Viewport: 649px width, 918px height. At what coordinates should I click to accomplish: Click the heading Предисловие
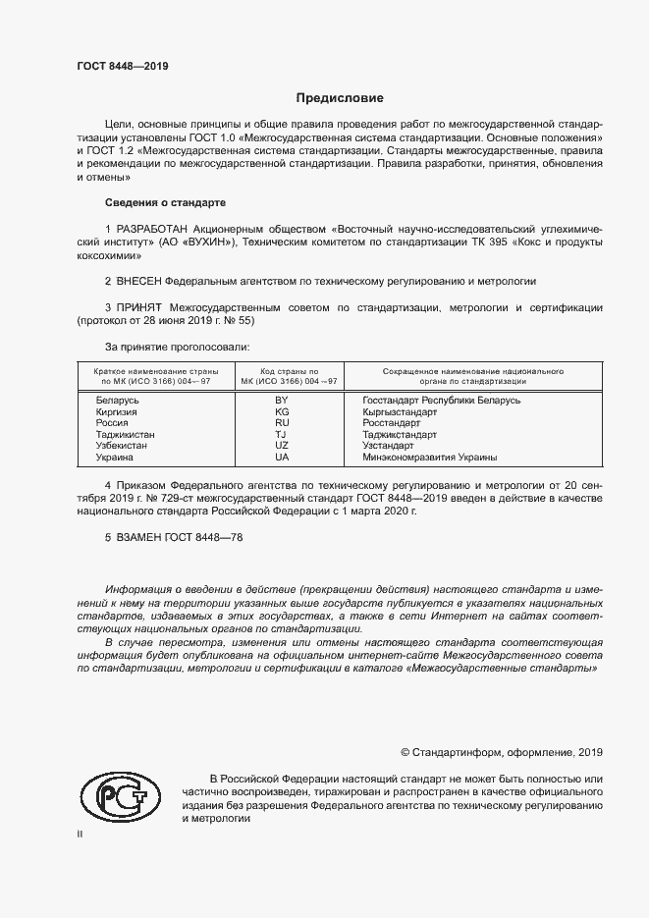(341, 98)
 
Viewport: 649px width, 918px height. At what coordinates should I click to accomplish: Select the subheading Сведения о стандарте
(165, 202)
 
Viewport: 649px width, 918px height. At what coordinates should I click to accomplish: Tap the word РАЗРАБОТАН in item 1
(150, 228)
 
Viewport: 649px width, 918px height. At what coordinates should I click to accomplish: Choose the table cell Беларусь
(117, 400)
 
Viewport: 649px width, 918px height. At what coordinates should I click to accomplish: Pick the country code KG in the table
(282, 411)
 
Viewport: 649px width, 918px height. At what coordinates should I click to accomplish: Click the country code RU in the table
(282, 422)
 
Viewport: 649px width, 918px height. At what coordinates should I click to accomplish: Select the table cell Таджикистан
(125, 434)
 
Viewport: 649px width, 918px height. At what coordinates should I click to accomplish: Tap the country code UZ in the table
(282, 445)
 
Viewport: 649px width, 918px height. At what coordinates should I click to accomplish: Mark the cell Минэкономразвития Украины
(429, 457)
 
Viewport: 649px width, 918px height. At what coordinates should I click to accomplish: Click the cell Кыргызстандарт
(400, 411)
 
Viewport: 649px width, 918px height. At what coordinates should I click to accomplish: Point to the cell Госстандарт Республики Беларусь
(441, 400)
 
